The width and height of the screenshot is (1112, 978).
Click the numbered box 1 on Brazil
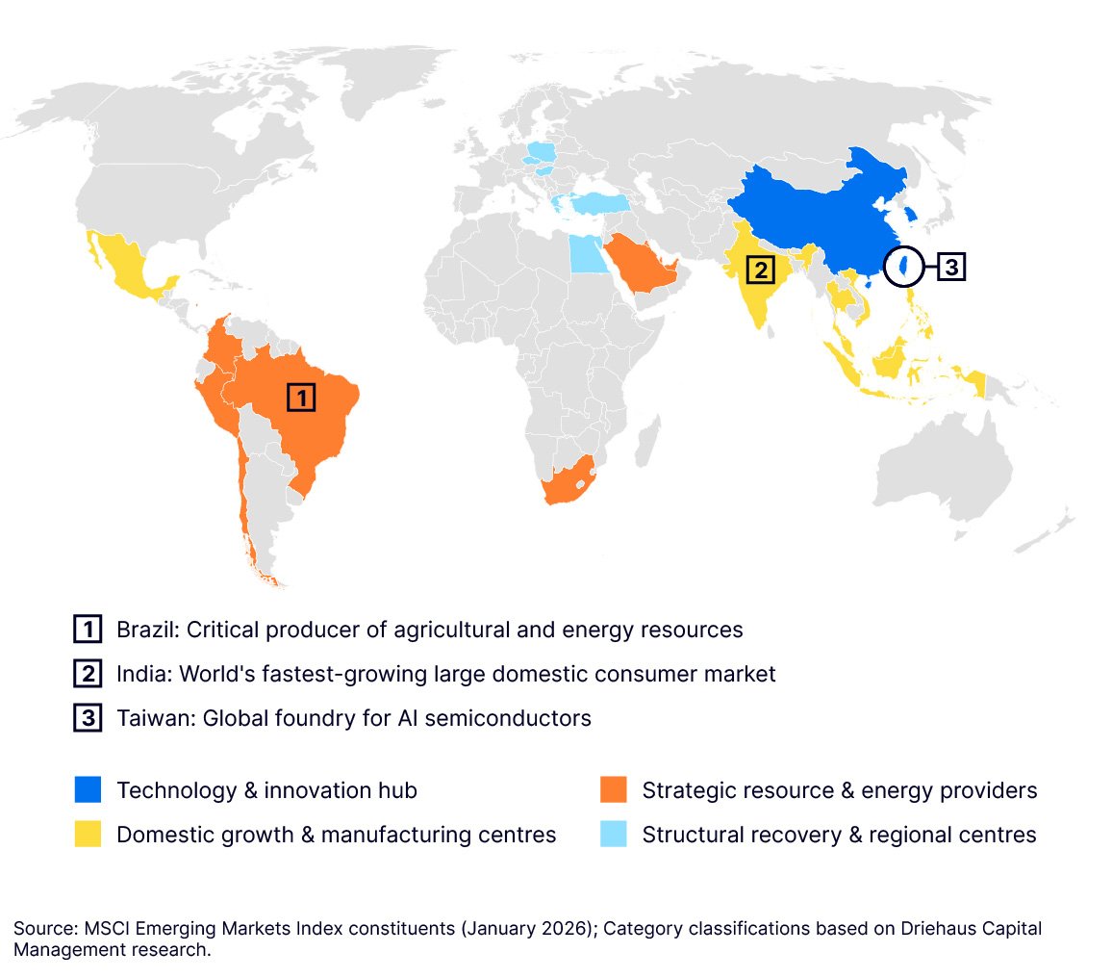click(x=301, y=398)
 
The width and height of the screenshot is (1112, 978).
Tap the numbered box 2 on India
click(x=760, y=270)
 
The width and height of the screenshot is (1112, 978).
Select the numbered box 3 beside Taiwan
click(x=950, y=267)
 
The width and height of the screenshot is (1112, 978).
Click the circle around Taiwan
click(x=903, y=267)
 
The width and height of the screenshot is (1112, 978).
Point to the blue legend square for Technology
click(x=87, y=790)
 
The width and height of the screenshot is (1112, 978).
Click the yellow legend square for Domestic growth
click(x=87, y=835)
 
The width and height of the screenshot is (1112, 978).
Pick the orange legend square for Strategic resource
click(x=613, y=790)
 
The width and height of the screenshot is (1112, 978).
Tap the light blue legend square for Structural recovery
click(x=613, y=835)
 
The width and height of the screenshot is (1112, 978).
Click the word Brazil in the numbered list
click(x=145, y=630)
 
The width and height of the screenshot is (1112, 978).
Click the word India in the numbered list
click(x=140, y=674)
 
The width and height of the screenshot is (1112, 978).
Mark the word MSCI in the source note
click(x=101, y=929)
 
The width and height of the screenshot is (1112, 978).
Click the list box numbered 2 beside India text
click(x=87, y=674)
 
